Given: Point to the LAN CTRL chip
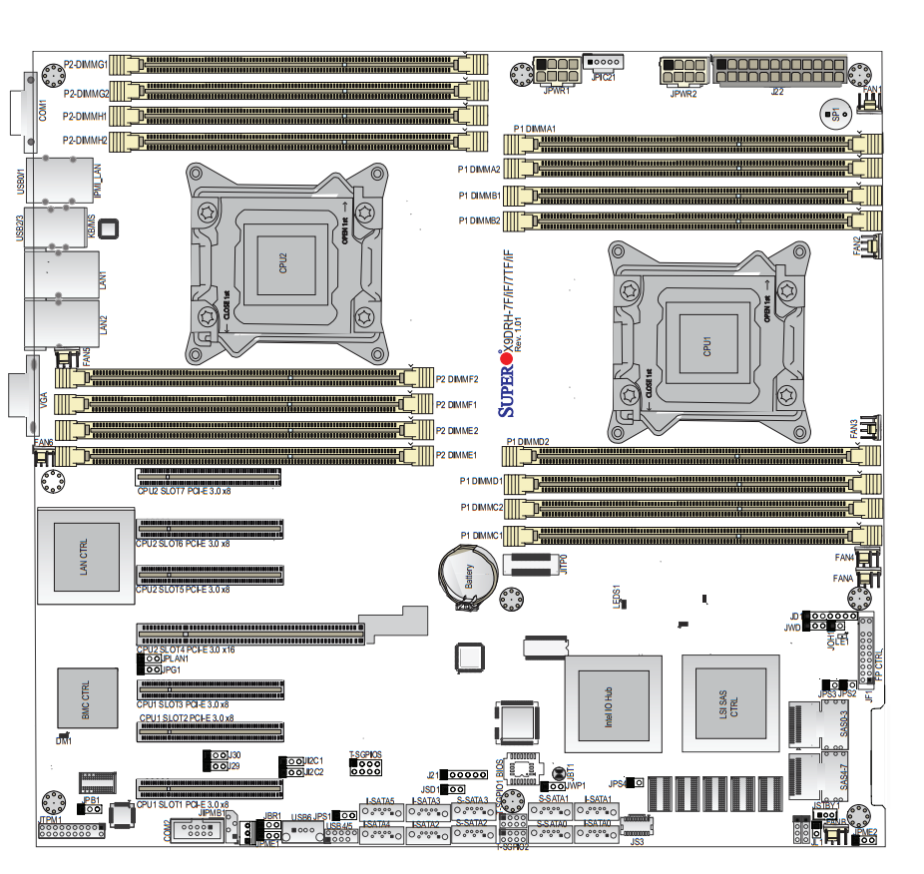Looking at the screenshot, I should [84, 557].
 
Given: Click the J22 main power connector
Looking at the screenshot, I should [778, 72].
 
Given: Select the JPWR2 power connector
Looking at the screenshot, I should [684, 73].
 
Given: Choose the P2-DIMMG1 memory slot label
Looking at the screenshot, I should [85, 64].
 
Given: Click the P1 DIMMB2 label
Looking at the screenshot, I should [479, 219].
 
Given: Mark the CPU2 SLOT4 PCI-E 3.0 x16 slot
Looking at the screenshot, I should [249, 634].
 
